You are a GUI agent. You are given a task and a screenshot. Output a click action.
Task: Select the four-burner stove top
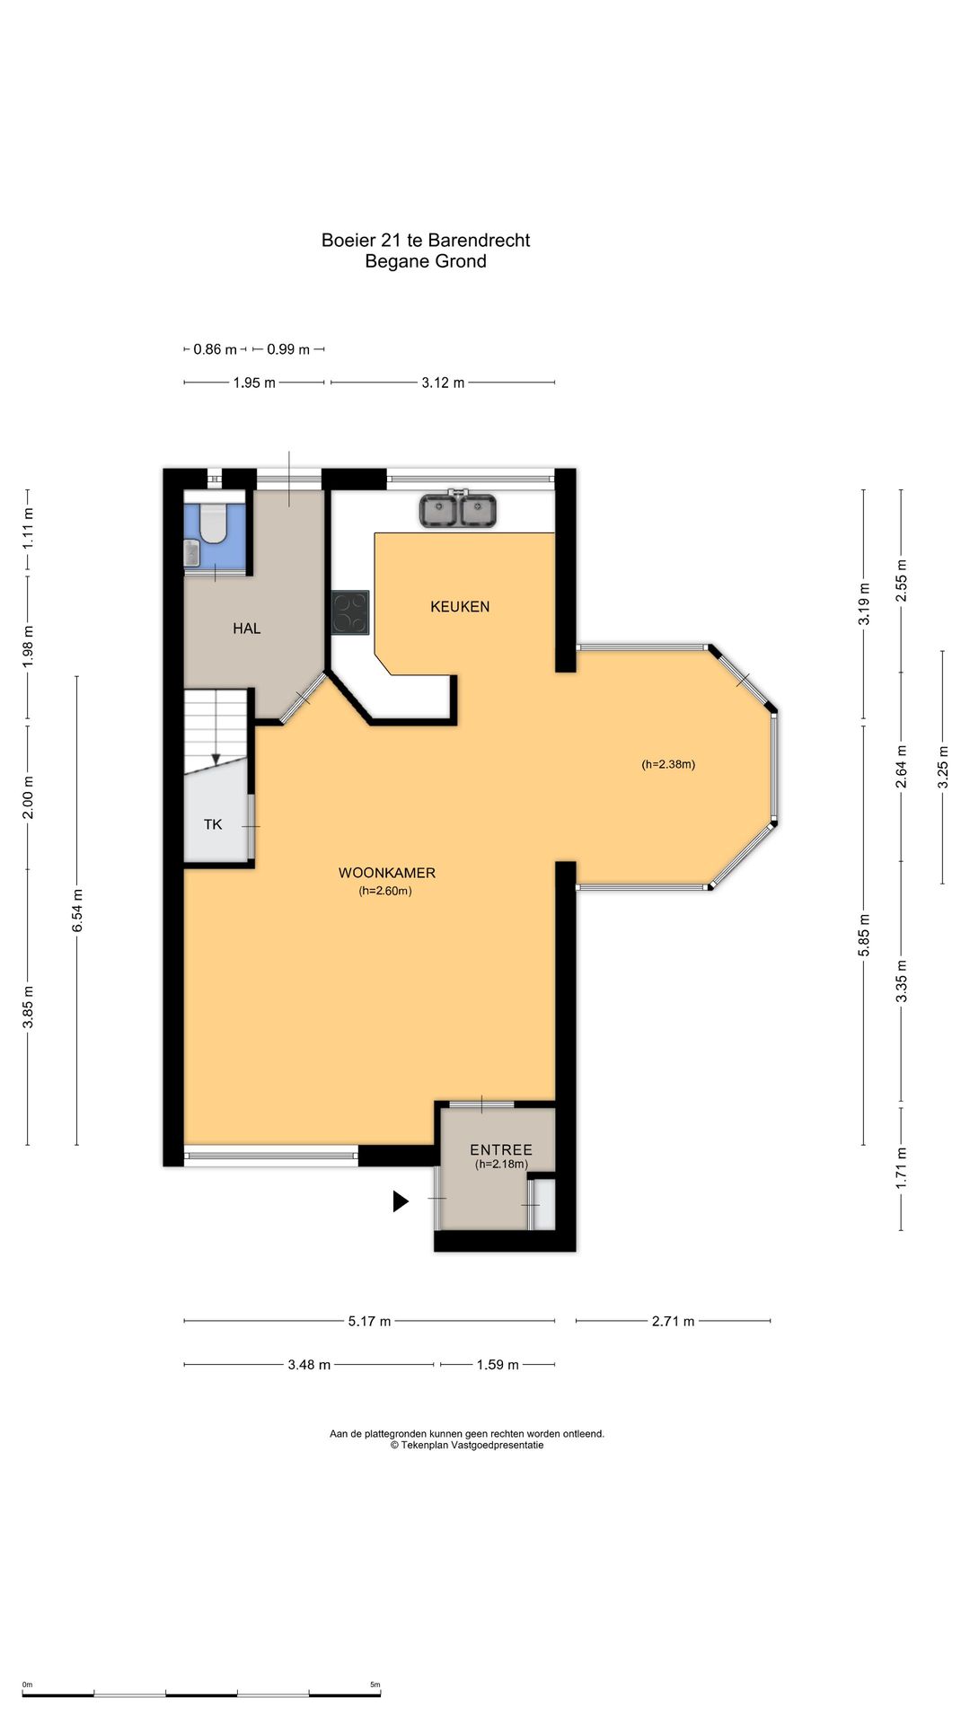350,612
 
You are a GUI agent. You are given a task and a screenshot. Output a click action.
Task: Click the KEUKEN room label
460,607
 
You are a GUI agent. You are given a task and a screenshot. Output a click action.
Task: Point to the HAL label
247,629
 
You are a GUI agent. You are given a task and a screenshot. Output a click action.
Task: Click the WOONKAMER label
387,873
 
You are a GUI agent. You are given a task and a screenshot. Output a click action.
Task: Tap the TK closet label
213,824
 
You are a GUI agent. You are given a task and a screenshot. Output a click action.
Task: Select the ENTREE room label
501,1149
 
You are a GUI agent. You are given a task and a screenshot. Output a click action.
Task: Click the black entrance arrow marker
401,1201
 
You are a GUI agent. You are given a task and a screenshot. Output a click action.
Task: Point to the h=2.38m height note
668,765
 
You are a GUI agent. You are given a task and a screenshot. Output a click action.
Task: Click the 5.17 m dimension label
369,1321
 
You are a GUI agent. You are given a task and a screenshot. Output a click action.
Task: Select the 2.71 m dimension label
674,1321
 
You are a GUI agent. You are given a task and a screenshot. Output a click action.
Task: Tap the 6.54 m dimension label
77,910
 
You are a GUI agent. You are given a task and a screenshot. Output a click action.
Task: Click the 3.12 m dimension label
443,383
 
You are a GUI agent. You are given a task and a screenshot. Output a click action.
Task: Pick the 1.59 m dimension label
498,1365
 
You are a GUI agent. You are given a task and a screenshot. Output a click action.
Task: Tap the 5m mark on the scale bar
375,1684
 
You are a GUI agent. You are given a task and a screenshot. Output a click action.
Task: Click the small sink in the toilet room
191,552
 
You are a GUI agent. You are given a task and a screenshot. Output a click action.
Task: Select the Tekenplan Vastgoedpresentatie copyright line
467,1445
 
